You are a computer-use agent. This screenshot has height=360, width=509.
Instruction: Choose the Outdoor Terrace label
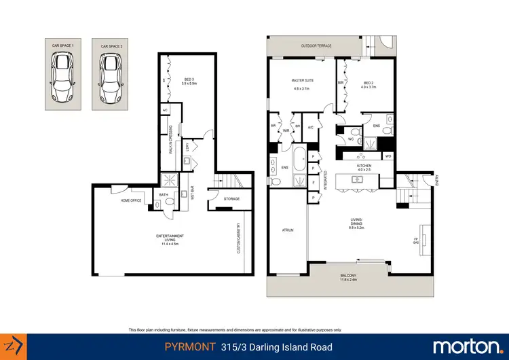(x=316, y=46)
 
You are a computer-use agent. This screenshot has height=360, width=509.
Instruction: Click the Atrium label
(x=287, y=230)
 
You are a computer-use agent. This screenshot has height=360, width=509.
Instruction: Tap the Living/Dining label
(x=356, y=223)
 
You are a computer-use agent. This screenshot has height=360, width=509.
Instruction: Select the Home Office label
(x=131, y=200)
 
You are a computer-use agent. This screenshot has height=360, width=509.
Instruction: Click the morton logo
(x=467, y=347)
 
